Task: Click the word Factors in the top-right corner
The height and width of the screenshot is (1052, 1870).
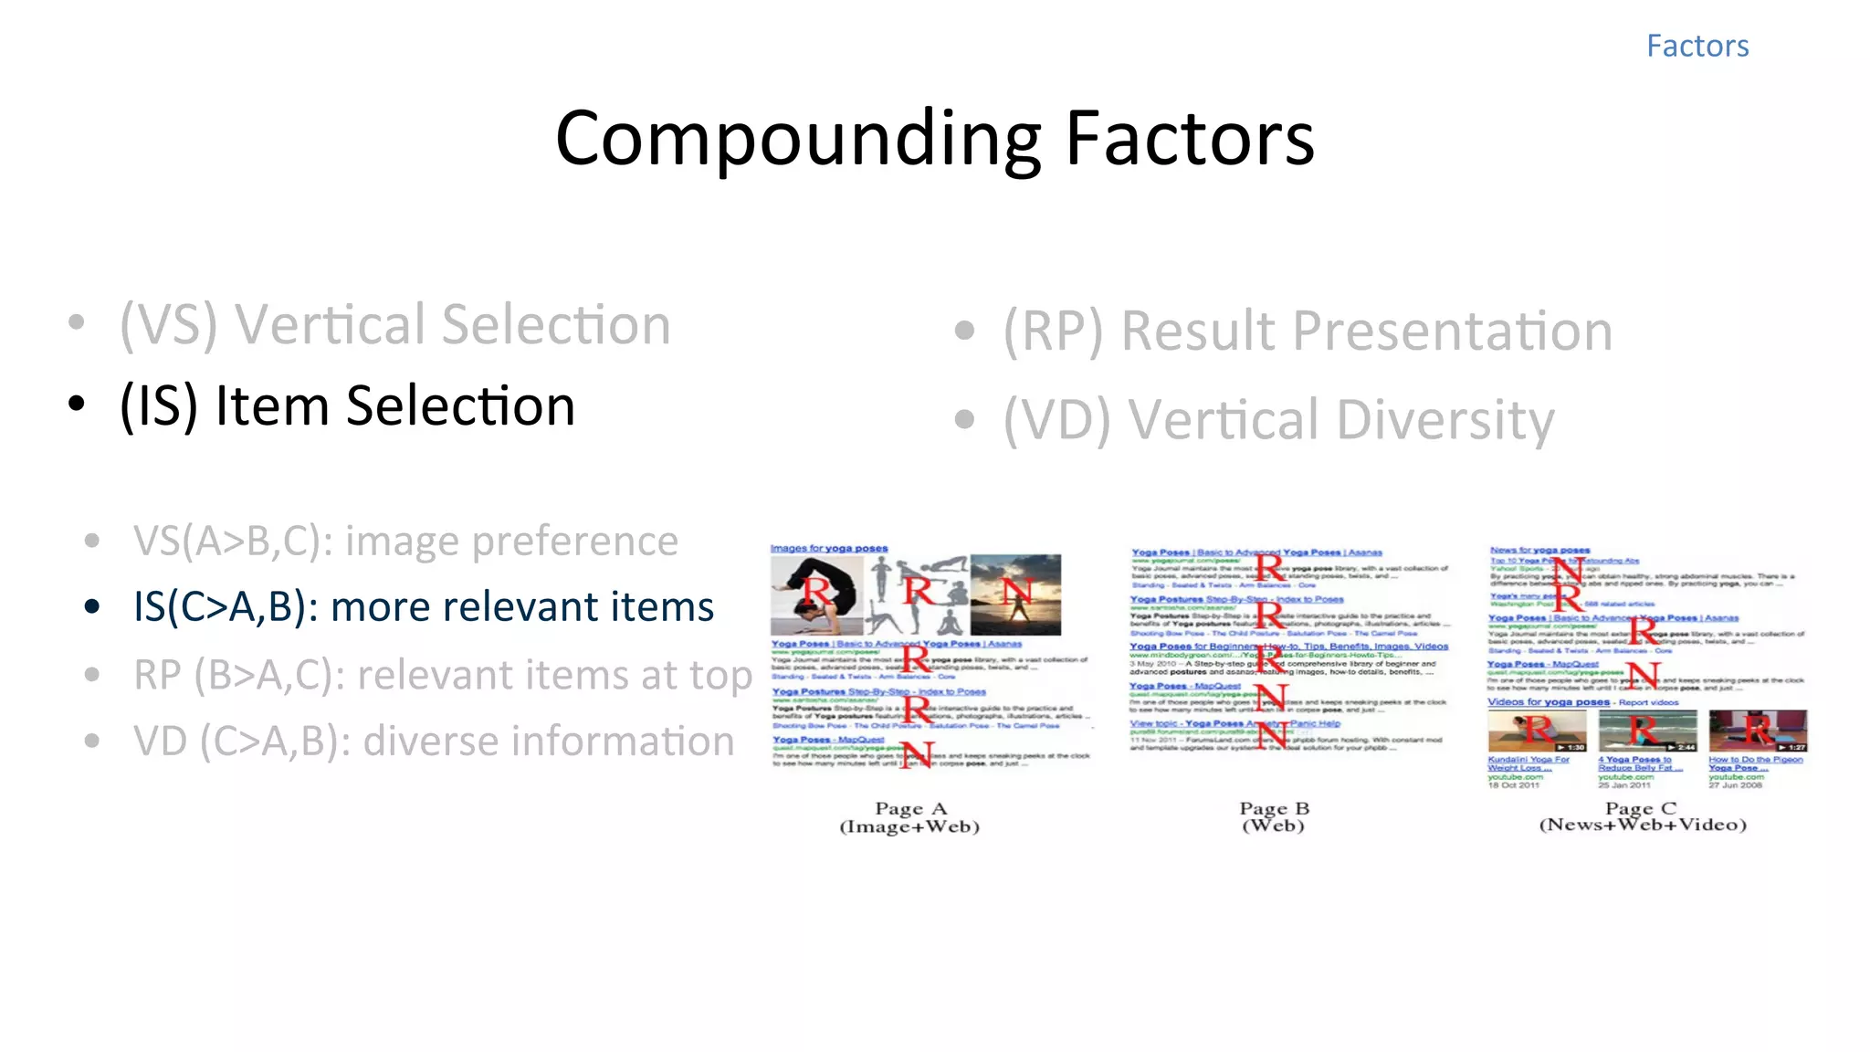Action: pos(1697,46)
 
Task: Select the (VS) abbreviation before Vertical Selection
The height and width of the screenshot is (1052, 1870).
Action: pos(169,325)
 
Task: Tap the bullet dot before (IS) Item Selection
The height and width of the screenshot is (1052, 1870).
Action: pos(77,403)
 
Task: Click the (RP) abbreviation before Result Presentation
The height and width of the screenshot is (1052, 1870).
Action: pos(1054,331)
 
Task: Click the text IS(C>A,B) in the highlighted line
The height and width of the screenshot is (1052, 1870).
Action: pos(220,607)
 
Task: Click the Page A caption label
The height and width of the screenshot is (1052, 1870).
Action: pos(910,809)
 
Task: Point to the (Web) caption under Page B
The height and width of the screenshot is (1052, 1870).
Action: pos(1273,826)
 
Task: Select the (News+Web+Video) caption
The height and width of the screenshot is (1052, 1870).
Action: pos(1642,825)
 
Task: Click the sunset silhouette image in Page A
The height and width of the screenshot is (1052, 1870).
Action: pos(1015,594)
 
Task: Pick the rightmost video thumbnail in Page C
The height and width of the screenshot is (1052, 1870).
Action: pos(1758,731)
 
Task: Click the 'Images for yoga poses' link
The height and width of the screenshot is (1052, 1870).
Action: pos(828,548)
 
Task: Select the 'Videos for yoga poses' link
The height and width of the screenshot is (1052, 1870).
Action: pos(1549,702)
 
